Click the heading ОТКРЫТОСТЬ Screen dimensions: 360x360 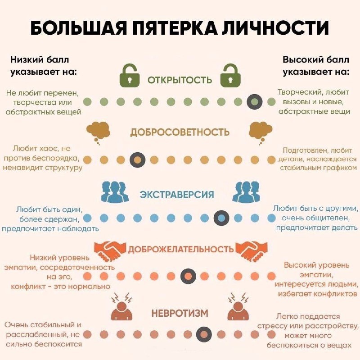pos(180,80)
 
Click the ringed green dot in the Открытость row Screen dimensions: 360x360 pos(255,102)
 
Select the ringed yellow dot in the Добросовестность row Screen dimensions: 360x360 pos(137,160)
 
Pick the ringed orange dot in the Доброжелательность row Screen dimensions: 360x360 pos(188,276)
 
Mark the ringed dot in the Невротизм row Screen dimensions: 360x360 pos(204,334)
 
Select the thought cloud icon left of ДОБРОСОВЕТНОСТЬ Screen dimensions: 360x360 pos(99,131)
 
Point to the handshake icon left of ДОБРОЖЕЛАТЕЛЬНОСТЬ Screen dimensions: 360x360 pos(109,250)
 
